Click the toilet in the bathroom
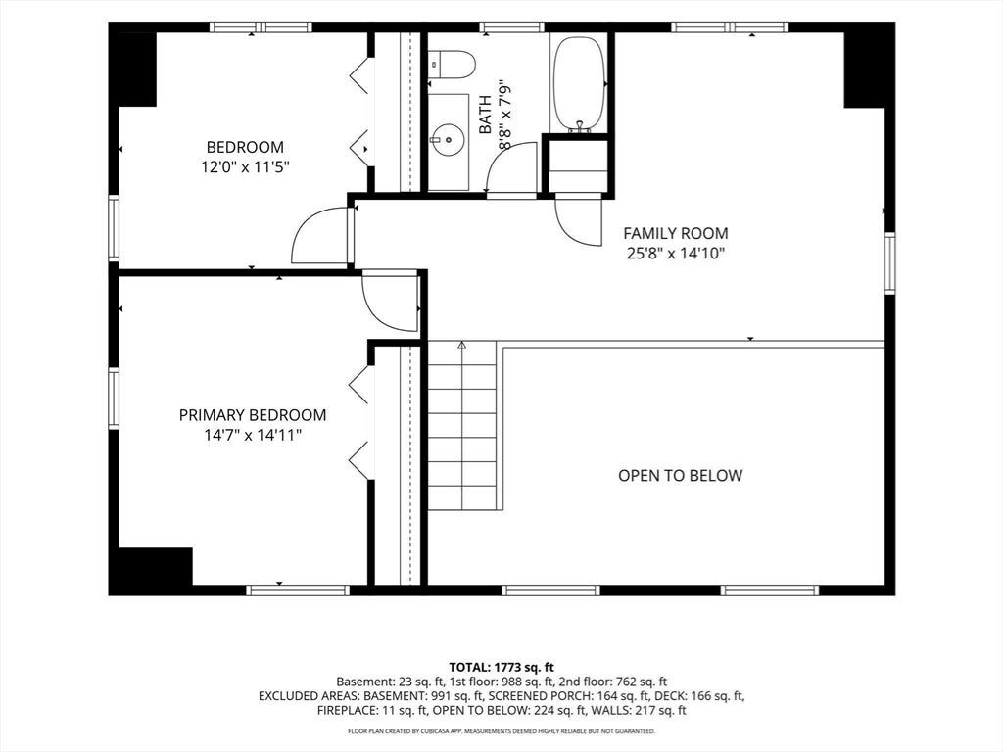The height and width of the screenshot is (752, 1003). [x=453, y=64]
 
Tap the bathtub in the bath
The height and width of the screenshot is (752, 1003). [x=578, y=84]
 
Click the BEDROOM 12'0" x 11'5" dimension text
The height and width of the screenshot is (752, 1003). [x=245, y=167]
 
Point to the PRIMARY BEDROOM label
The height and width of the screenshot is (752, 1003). [x=253, y=415]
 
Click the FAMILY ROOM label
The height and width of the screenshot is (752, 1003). [x=676, y=233]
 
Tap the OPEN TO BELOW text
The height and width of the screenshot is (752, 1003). [x=680, y=476]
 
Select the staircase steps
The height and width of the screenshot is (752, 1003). [x=462, y=426]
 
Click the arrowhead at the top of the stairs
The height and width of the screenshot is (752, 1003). [x=462, y=346]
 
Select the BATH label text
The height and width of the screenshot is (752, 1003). [x=486, y=115]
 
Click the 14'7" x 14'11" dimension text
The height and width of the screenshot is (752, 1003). [x=253, y=436]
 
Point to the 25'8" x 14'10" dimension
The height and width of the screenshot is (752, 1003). [x=676, y=254]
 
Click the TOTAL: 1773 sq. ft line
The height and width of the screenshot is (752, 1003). [x=501, y=668]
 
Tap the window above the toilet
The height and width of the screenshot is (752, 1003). [x=511, y=26]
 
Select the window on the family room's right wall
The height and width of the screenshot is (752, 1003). [x=889, y=262]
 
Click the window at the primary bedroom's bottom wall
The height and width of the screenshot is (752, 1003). [x=298, y=590]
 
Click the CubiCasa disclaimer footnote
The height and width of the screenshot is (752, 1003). [x=501, y=730]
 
